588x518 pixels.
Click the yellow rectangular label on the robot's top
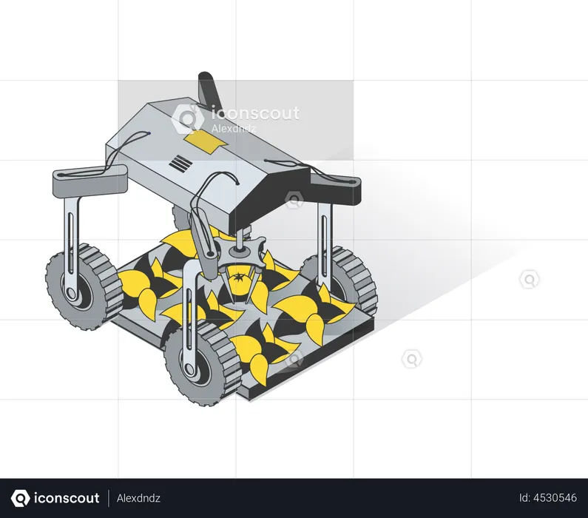tap(202, 143)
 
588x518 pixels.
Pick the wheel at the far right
tap(342, 279)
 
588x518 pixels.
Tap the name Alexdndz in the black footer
tap(138, 498)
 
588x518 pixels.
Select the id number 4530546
tap(548, 498)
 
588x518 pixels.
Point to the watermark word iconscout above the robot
tap(255, 113)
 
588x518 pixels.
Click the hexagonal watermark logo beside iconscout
tap(188, 118)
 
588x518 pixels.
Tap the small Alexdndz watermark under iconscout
tap(234, 129)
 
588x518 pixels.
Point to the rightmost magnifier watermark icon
tap(529, 279)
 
